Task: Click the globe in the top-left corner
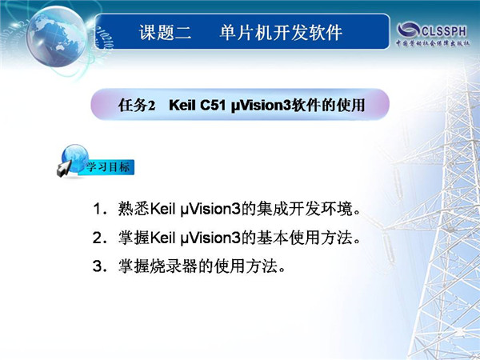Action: [57, 36]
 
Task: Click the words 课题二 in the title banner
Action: [166, 32]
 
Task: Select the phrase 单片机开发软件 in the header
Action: [281, 32]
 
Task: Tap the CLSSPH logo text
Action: [444, 31]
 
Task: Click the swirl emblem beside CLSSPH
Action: [408, 30]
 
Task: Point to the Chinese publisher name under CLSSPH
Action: [433, 43]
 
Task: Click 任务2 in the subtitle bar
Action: [137, 105]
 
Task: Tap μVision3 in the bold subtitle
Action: [260, 106]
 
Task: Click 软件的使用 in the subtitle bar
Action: [327, 105]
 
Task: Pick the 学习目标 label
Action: [107, 167]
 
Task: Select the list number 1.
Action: [98, 209]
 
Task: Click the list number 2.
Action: [98, 238]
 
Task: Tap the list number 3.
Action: [98, 266]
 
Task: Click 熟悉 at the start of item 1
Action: [134, 209]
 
